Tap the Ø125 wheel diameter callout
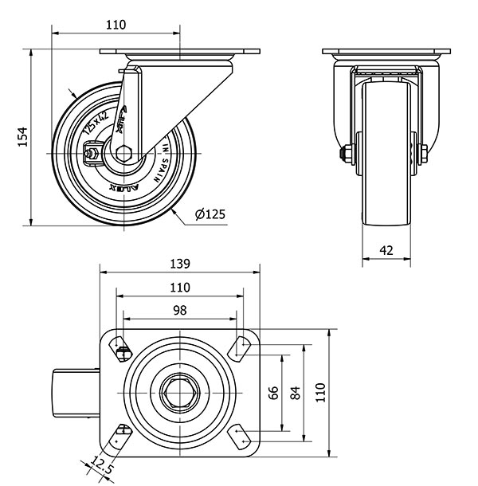coord(210,214)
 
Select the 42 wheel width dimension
coord(386,250)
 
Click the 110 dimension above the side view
coord(116,25)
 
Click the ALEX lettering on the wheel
coord(123,188)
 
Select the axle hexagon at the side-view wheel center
coord(124,153)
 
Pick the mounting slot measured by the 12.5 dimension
coord(120,437)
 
